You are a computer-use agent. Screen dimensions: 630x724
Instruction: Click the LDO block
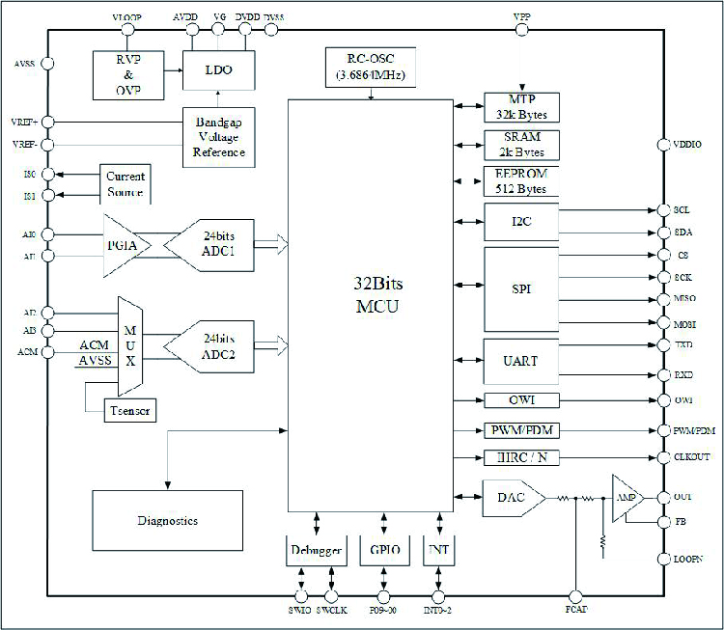[220, 70]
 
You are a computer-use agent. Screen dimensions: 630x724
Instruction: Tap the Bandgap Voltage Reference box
[219, 136]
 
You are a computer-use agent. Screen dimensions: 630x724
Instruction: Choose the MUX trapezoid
[129, 345]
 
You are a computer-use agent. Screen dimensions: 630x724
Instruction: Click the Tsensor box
[129, 411]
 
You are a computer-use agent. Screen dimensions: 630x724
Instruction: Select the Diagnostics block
[167, 520]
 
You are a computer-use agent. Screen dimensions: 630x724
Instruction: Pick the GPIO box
[385, 551]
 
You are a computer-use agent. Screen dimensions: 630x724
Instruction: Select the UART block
[520, 361]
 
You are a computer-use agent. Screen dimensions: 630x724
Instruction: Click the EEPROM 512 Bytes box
[520, 181]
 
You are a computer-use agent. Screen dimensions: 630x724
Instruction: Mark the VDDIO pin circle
[662, 145]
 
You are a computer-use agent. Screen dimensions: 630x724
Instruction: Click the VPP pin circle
[522, 30]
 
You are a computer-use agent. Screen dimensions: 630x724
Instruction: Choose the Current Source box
[126, 184]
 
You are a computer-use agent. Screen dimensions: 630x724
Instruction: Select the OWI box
[520, 400]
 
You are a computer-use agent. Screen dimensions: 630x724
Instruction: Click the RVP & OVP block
[127, 73]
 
